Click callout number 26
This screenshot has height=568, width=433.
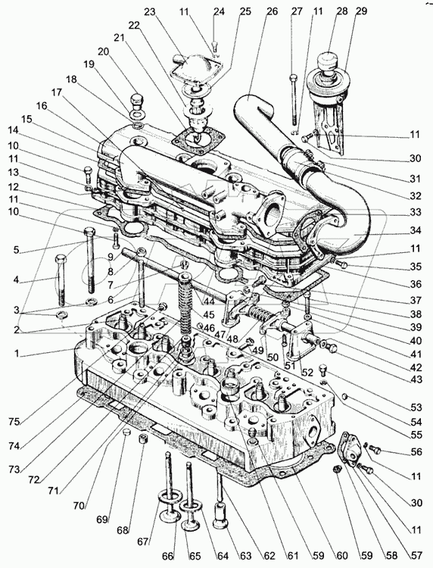(x=271, y=11)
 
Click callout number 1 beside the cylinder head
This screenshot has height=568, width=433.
(x=17, y=353)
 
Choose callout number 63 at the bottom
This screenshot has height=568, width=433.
(x=246, y=555)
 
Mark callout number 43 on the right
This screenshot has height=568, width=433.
(x=416, y=379)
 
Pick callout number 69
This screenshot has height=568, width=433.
(x=102, y=520)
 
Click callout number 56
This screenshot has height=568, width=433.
(x=416, y=451)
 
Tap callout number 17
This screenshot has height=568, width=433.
(x=56, y=92)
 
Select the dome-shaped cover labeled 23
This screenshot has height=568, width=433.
(x=191, y=66)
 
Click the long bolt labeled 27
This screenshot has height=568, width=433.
(x=293, y=99)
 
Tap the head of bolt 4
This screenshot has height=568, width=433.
(x=61, y=260)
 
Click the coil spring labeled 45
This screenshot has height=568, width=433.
(x=185, y=307)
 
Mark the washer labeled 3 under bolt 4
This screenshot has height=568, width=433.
(x=62, y=314)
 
